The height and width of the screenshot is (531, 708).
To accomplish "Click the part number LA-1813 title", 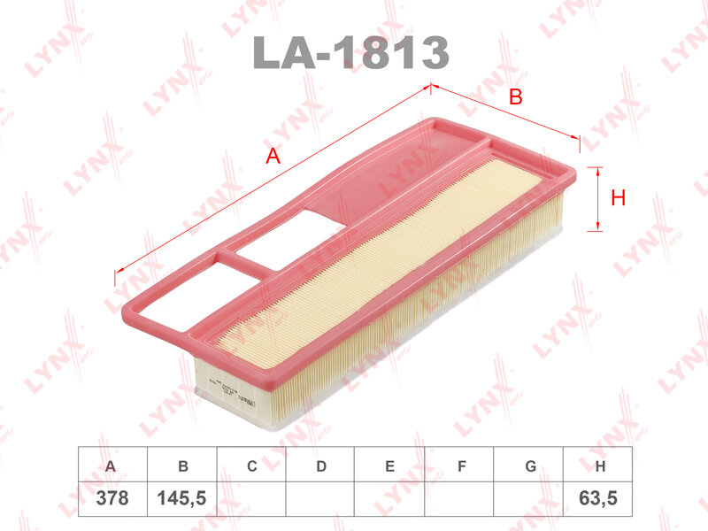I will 351,53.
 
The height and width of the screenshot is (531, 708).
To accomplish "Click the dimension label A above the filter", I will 273,157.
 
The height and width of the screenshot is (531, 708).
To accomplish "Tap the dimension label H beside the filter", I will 619,198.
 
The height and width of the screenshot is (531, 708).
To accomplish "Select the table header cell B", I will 182,466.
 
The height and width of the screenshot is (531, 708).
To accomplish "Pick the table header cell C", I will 251,466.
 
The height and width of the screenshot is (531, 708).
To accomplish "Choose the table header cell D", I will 320,466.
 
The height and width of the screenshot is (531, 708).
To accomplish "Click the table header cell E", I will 389,466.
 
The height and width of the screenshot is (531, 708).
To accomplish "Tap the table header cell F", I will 458,466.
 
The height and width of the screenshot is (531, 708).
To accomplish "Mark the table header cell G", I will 528,466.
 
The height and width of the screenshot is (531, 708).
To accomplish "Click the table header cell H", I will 599,466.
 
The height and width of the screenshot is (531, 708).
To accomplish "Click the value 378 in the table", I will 112,498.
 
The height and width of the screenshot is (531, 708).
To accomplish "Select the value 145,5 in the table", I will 182,498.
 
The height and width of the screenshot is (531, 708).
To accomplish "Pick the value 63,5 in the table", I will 599,498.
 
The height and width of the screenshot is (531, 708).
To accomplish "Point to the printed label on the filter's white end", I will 211,377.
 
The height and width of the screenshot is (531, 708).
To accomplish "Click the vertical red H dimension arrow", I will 597,199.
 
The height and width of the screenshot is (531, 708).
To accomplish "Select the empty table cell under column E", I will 389,498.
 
